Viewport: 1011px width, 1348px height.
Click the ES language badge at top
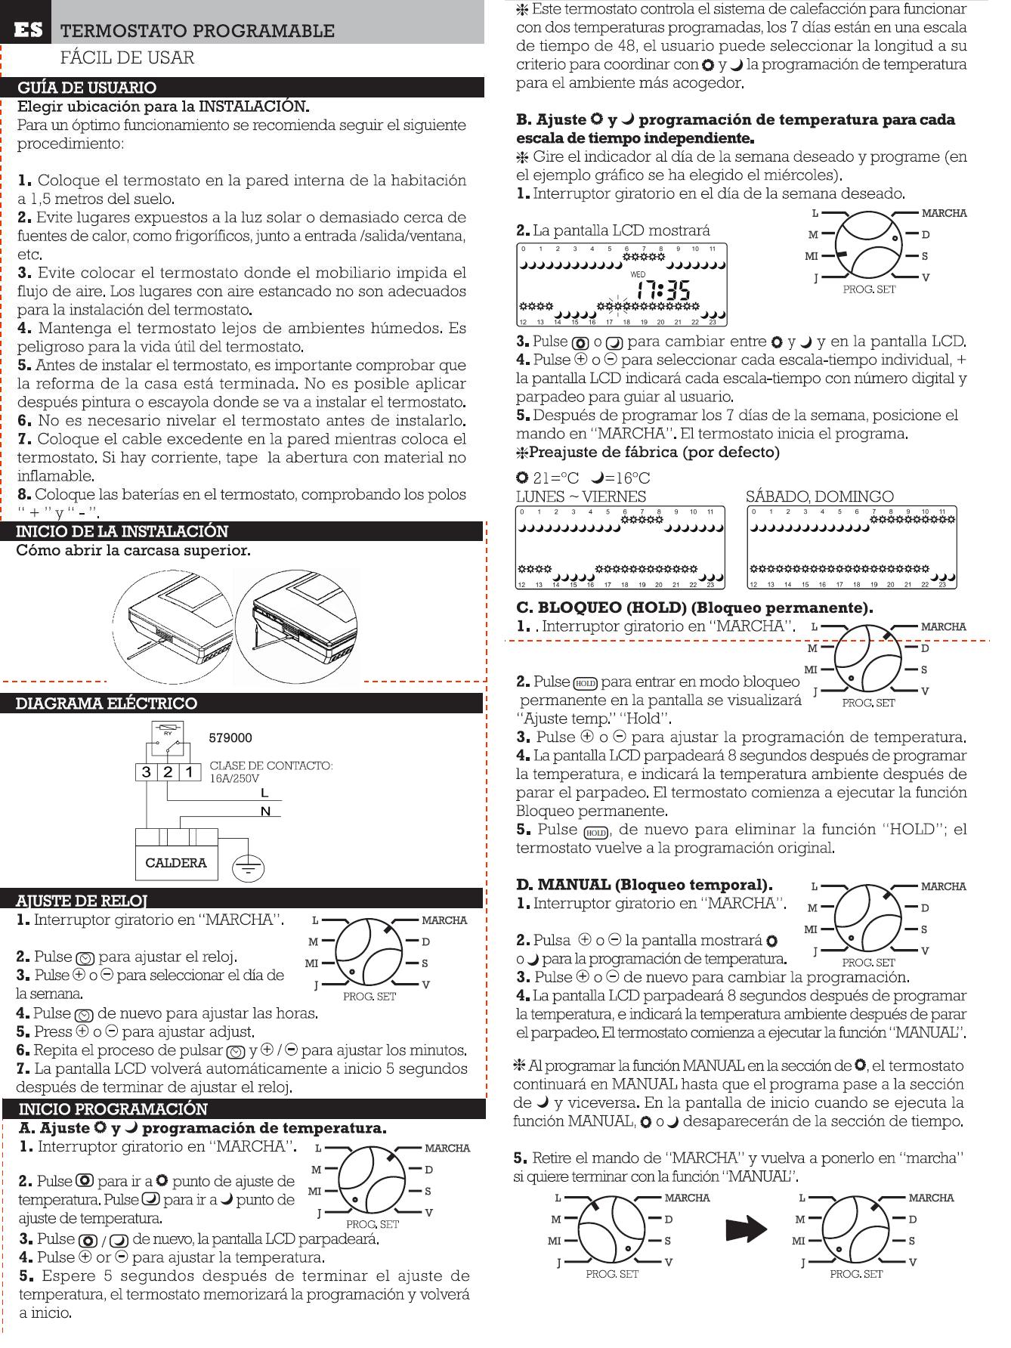[27, 30]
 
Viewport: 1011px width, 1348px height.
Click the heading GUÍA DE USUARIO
[87, 88]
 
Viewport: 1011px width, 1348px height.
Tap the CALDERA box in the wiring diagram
[175, 863]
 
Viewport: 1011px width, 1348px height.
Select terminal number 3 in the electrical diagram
[146, 772]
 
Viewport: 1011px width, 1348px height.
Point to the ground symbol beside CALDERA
[248, 867]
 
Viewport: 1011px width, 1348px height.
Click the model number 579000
[230, 737]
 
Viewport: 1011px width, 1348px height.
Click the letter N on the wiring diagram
[264, 812]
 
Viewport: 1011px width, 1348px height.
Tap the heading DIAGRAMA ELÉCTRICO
[107, 703]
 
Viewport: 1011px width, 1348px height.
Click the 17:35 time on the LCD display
[662, 290]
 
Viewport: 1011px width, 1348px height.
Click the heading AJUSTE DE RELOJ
[82, 901]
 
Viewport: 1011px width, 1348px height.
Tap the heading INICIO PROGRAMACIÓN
[113, 1109]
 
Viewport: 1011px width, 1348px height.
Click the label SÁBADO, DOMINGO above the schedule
[819, 496]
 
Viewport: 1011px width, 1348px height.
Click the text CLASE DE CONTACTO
[271, 765]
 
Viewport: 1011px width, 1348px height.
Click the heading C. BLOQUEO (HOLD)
[694, 608]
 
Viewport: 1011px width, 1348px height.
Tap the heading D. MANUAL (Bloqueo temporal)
[644, 884]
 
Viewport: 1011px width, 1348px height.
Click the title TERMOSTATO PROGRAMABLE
[196, 31]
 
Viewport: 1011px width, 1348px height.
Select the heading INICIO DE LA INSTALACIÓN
[122, 531]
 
